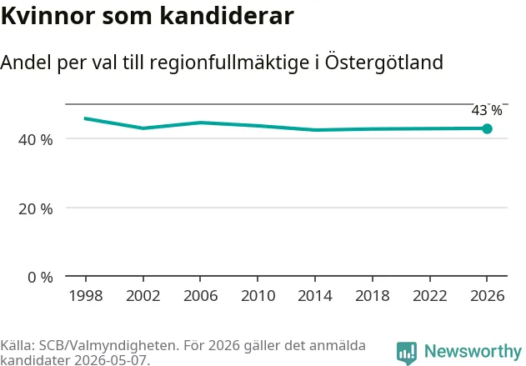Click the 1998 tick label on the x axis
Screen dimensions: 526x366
pyautogui.click(x=86, y=296)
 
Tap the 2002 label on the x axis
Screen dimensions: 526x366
pyautogui.click(x=143, y=296)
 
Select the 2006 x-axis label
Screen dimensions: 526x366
pyautogui.click(x=201, y=296)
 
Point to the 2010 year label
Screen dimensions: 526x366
pyautogui.click(x=258, y=296)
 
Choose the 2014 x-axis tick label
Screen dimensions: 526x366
pyautogui.click(x=315, y=296)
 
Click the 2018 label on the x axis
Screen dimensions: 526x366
pyautogui.click(x=373, y=296)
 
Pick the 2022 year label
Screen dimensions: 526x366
pyautogui.click(x=430, y=296)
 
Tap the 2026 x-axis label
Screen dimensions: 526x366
pyautogui.click(x=487, y=296)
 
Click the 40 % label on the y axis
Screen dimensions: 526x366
pyautogui.click(x=36, y=139)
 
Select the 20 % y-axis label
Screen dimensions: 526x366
pyautogui.click(x=36, y=209)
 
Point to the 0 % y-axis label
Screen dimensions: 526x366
pyautogui.click(x=40, y=278)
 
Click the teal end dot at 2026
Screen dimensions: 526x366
pyautogui.click(x=487, y=128)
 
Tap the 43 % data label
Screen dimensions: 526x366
pyautogui.click(x=487, y=110)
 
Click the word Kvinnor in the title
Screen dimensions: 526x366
pyautogui.click(x=48, y=16)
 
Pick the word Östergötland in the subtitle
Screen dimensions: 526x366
pyautogui.click(x=384, y=62)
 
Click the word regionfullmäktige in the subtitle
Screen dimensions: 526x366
pyautogui.click(x=229, y=63)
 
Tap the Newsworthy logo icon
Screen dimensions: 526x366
pyautogui.click(x=407, y=353)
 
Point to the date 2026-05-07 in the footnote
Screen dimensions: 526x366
pyautogui.click(x=112, y=360)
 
